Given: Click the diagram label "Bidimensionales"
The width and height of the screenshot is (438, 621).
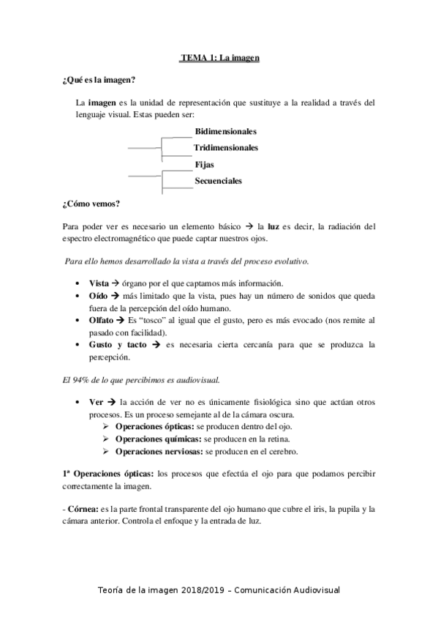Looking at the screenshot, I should [225, 132].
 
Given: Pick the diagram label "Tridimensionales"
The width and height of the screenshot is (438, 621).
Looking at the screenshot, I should [226, 148].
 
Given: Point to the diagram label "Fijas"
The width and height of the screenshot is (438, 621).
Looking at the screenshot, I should [204, 165].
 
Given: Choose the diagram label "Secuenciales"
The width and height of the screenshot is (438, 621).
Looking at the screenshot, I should [218, 180].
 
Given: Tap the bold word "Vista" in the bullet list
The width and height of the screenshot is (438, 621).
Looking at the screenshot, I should [99, 283].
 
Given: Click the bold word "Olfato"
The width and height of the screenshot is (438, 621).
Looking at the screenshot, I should [101, 320].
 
